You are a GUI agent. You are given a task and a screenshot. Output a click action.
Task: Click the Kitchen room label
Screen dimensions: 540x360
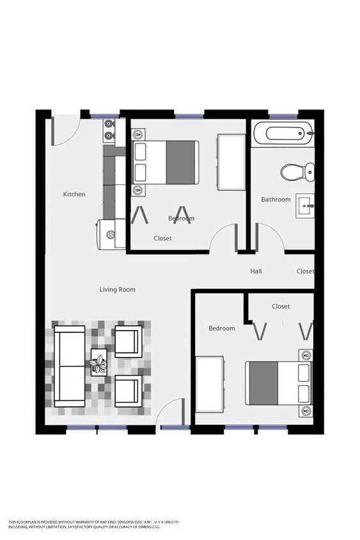pyautogui.click(x=74, y=194)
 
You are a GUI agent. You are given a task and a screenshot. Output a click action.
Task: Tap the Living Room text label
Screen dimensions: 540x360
pyautogui.click(x=117, y=289)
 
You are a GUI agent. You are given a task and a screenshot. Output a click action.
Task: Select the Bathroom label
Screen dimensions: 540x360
pyautogui.click(x=276, y=200)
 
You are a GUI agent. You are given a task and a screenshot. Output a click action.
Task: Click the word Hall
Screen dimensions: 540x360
pyautogui.click(x=256, y=271)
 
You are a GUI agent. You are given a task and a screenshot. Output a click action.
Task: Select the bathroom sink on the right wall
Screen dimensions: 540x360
pyautogui.click(x=305, y=206)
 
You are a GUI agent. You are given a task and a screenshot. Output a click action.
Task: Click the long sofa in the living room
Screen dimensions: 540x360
pyautogui.click(x=70, y=366)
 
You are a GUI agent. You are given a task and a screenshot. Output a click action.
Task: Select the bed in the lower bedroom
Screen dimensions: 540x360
pyautogui.click(x=278, y=383)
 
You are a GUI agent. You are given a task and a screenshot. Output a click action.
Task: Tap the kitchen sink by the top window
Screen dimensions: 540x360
pyautogui.click(x=109, y=130)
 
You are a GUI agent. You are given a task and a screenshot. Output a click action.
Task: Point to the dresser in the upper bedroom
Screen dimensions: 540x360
pyautogui.click(x=231, y=162)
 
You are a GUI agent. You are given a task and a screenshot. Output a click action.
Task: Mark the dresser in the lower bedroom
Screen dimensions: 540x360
pyautogui.click(x=208, y=385)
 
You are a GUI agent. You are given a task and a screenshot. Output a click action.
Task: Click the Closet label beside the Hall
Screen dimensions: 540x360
pyautogui.click(x=305, y=271)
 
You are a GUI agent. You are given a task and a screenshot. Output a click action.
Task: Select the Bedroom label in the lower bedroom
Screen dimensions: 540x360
pyautogui.click(x=222, y=328)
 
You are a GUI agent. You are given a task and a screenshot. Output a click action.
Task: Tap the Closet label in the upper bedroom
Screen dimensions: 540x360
pyautogui.click(x=162, y=239)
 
